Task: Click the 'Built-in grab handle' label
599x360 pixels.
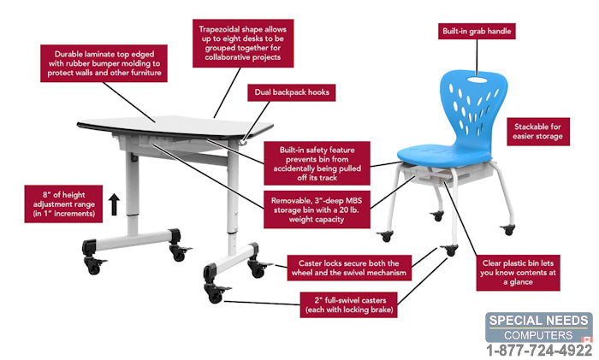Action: pyautogui.click(x=477, y=32)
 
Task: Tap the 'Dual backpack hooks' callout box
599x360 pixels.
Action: pyautogui.click(x=292, y=92)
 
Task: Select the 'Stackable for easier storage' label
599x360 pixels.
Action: pyautogui.click(x=538, y=132)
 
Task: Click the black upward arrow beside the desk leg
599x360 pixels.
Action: pyautogui.click(x=114, y=204)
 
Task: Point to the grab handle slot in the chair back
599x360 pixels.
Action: pyautogui.click(x=477, y=80)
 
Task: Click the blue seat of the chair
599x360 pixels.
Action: pyautogui.click(x=443, y=153)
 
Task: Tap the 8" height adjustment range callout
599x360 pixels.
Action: pyautogui.click(x=63, y=204)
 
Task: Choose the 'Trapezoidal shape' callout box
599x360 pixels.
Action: pyautogui.click(x=243, y=43)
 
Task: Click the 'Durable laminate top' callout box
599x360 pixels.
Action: pyautogui.click(x=104, y=63)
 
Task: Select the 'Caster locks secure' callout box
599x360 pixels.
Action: pyautogui.click(x=349, y=268)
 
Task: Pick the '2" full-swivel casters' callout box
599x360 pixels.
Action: pyautogui.click(x=349, y=305)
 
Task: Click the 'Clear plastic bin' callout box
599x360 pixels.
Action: pyautogui.click(x=518, y=273)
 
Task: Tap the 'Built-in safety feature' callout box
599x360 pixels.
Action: pyautogui.click(x=317, y=163)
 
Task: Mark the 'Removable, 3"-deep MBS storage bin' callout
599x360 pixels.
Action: pyautogui.click(x=317, y=210)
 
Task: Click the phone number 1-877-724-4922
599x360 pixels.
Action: pyautogui.click(x=538, y=350)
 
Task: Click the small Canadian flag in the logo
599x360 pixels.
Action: pyautogui.click(x=586, y=339)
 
